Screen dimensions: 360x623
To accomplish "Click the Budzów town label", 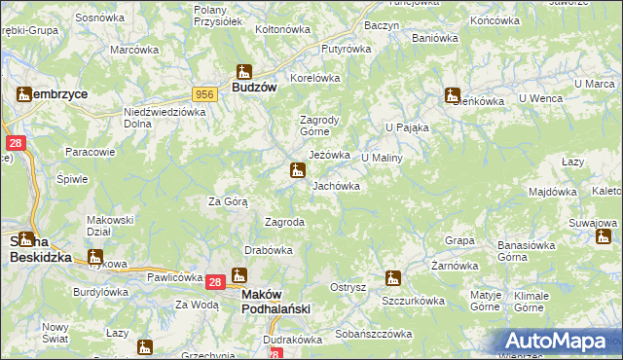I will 254,87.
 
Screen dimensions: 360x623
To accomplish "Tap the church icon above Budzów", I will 243,71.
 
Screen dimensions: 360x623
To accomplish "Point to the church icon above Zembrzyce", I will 24,94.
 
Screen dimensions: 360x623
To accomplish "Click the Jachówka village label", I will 336,185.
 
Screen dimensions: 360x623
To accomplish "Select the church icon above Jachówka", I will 297,171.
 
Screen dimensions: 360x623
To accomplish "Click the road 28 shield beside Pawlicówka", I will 215,282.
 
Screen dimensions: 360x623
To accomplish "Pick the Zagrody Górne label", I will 318,126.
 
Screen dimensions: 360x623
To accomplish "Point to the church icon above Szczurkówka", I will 392,278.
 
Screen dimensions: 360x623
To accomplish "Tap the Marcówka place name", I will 133,50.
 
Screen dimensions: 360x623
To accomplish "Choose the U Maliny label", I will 382,157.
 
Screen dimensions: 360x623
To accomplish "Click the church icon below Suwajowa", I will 605,236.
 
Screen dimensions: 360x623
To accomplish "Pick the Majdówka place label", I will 552,192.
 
